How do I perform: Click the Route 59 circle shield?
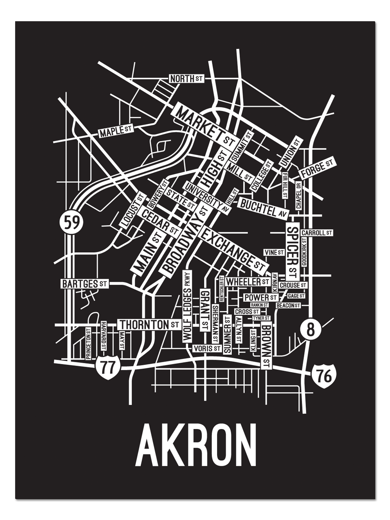(x=71, y=223)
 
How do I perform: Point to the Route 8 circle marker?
(x=310, y=329)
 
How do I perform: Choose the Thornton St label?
(x=149, y=324)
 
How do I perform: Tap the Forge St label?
(x=318, y=168)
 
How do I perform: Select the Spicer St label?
(x=292, y=252)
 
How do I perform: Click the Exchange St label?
(x=233, y=250)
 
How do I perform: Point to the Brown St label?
(x=266, y=347)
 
